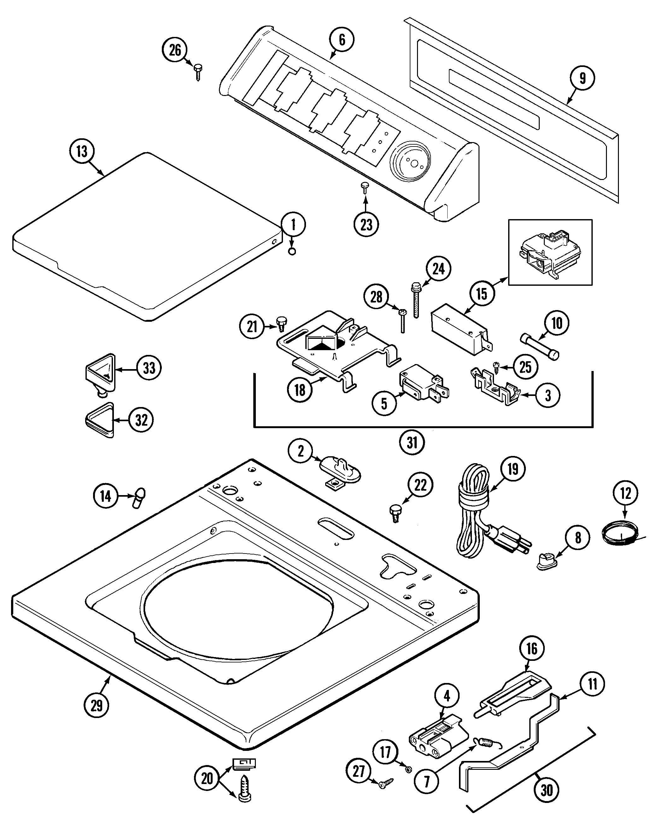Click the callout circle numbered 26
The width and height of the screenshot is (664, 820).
175,50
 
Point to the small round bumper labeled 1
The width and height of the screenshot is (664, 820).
292,252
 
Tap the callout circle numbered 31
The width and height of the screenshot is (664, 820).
412,443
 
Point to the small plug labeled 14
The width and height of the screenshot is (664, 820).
139,498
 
